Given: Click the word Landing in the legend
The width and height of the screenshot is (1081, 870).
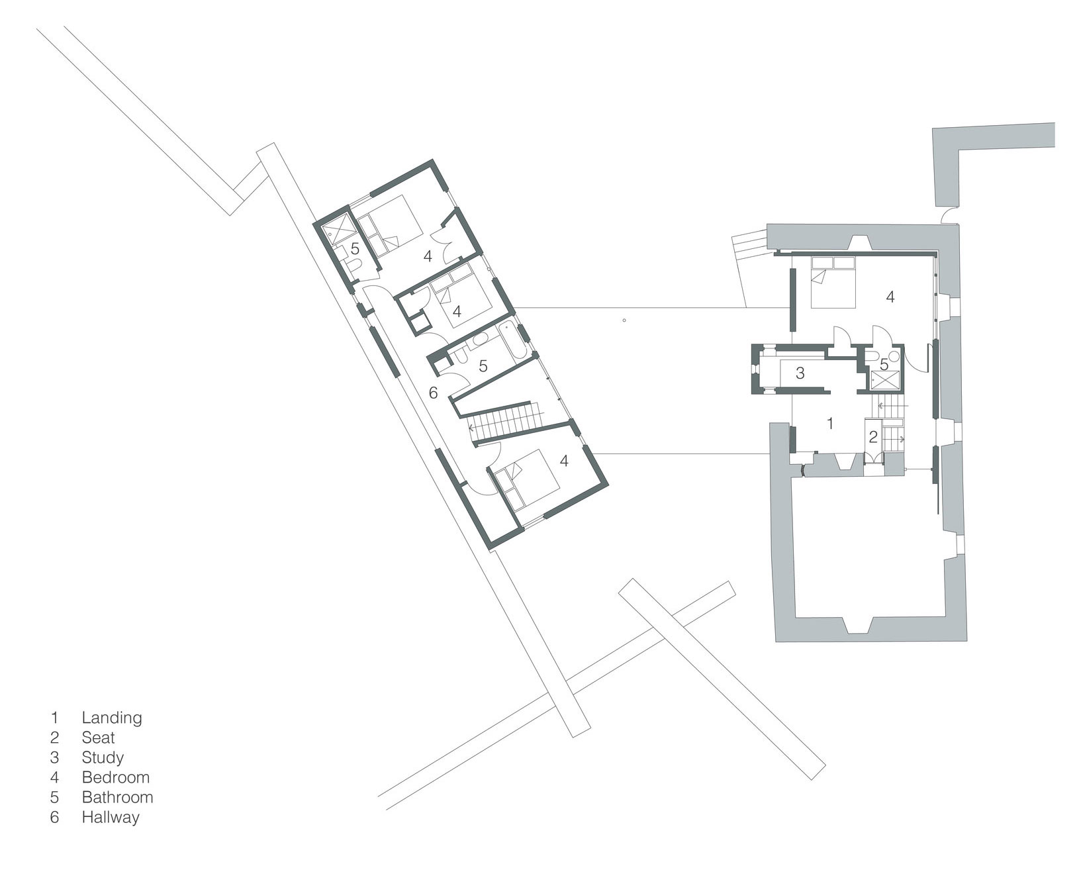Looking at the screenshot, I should (x=112, y=717).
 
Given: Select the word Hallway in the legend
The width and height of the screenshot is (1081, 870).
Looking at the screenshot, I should (x=111, y=817).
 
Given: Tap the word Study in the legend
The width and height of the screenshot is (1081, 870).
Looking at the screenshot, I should (x=103, y=757).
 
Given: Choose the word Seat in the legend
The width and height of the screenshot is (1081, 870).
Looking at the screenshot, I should (x=98, y=737).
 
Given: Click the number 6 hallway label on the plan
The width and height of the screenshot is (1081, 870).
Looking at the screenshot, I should (x=433, y=393).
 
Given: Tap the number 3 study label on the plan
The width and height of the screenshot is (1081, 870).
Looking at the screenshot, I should (x=800, y=373).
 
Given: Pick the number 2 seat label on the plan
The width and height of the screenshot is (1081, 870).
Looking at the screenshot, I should (x=873, y=437).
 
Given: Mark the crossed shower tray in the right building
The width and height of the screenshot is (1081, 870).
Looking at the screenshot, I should (x=885, y=381).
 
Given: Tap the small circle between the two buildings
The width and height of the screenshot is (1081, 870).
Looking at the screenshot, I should (x=624, y=322).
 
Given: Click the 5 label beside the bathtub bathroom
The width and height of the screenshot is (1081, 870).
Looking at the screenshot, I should (x=483, y=365).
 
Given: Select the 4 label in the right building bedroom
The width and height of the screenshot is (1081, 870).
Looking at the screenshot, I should (x=890, y=297).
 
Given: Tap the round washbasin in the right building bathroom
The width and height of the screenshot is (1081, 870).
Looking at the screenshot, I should (x=894, y=356).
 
